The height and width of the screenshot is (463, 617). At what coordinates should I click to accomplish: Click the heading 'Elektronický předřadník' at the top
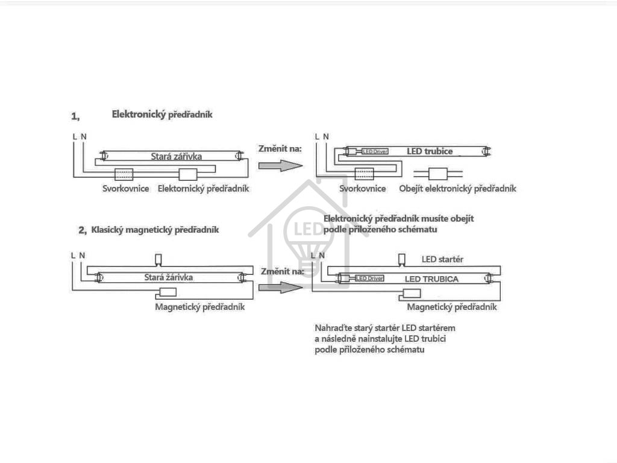coord(162,114)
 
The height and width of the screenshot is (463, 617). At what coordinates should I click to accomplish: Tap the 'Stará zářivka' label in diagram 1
coord(176,156)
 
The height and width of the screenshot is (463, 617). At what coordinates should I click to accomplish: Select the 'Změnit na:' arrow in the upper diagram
coord(280,165)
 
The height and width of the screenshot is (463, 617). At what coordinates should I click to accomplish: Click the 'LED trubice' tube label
coord(429,151)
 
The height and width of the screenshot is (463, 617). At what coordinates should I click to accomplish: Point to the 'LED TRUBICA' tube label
coord(431,279)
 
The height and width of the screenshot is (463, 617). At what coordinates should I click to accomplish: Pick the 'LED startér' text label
coord(442,259)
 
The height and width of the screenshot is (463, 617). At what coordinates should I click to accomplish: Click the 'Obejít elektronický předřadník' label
coord(457,189)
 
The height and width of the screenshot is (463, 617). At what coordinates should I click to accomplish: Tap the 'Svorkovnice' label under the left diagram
coord(125,189)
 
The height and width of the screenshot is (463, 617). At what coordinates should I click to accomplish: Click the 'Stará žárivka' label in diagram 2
coord(169,277)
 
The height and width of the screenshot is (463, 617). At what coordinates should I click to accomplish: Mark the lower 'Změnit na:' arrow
coord(280,286)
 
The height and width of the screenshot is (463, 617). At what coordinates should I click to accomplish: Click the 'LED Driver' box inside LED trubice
coord(375,151)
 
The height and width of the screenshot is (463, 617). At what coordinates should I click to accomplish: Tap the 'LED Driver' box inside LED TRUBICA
coord(369,279)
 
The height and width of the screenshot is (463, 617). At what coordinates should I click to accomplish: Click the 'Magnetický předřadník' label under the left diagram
coord(199,307)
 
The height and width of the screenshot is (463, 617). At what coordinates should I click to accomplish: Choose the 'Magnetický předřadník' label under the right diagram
coord(452,307)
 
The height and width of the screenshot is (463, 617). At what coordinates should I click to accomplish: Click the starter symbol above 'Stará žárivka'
coord(158,260)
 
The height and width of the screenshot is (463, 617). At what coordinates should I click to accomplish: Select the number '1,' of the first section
coord(75,116)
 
